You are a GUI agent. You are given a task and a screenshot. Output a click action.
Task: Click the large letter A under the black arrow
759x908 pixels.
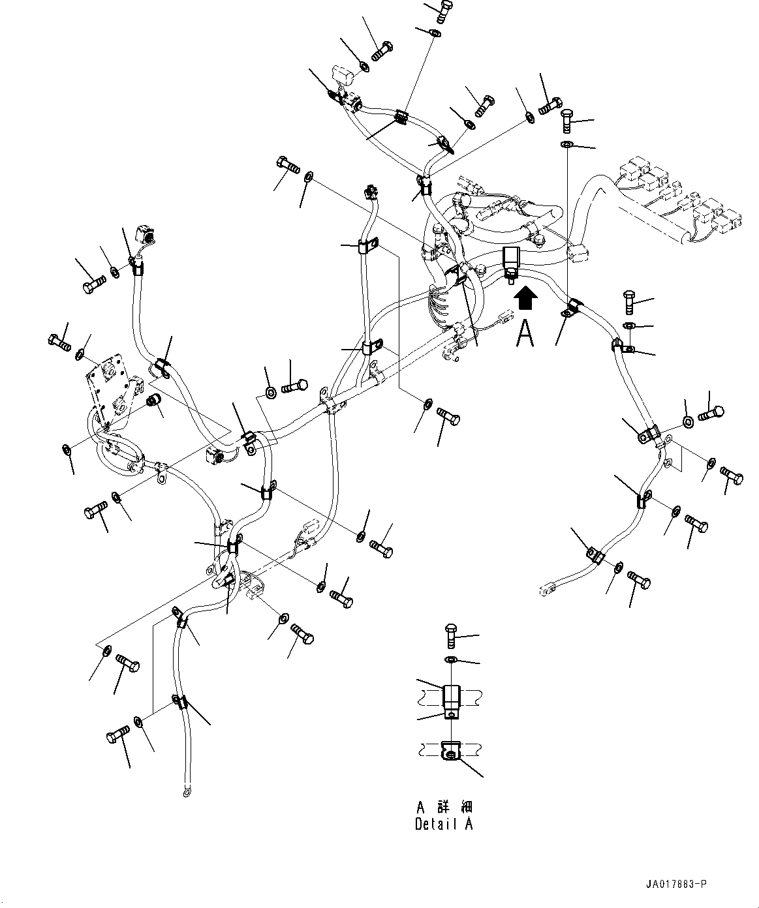526,334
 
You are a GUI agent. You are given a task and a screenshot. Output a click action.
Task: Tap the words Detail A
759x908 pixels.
444,824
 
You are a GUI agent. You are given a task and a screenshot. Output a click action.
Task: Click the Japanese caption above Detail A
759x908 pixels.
444,807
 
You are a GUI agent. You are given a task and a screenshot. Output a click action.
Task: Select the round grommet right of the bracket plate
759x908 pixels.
155,400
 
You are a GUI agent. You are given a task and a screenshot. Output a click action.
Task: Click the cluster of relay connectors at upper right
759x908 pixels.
679,199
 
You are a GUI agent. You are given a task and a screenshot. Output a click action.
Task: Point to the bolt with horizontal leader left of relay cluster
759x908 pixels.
566,119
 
